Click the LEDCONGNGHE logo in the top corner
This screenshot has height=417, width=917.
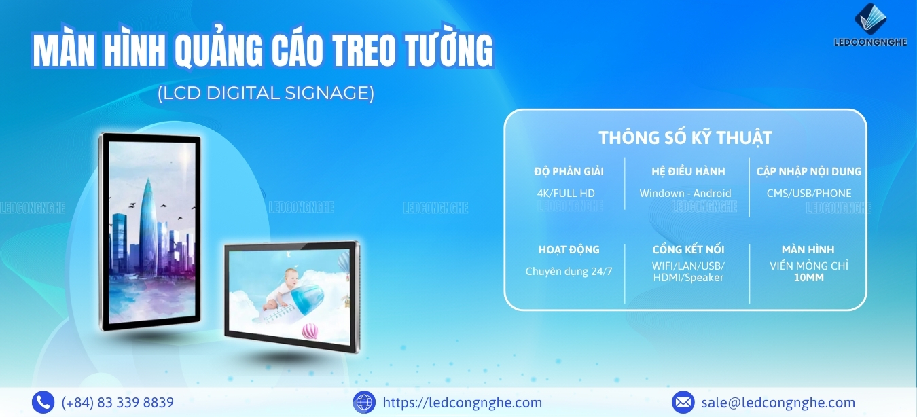(x=870, y=25)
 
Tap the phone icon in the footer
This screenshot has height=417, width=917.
(x=43, y=402)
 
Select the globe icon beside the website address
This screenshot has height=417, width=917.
(x=364, y=402)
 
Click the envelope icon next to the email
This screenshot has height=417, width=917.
(x=683, y=402)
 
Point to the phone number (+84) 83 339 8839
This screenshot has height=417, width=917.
(x=118, y=403)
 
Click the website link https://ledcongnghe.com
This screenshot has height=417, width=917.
(x=462, y=403)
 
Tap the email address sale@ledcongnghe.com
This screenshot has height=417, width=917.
(x=778, y=403)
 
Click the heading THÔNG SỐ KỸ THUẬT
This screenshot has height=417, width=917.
(x=685, y=137)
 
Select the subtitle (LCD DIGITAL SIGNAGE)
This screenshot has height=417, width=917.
(x=266, y=93)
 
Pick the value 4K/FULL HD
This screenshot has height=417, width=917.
(x=566, y=193)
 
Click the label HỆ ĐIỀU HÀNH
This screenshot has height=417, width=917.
(x=688, y=171)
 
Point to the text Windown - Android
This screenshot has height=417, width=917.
(x=685, y=193)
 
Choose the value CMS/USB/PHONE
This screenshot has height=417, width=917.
(x=809, y=193)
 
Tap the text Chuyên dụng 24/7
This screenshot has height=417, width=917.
(x=569, y=272)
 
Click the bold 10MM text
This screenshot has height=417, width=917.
(x=809, y=278)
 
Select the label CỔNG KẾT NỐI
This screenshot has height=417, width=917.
(x=688, y=250)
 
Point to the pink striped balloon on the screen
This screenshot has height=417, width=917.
(x=310, y=331)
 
